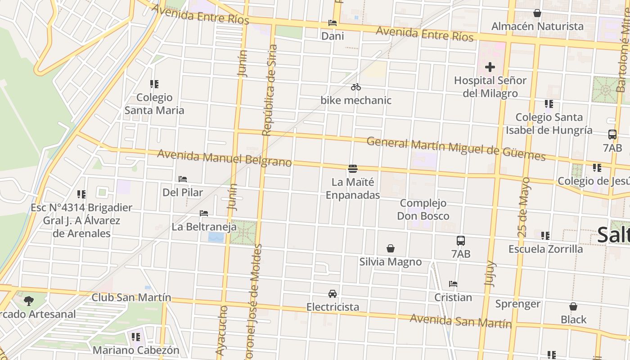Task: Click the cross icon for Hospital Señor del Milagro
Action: pyautogui.click(x=490, y=67)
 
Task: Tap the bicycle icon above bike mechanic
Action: pyautogui.click(x=356, y=87)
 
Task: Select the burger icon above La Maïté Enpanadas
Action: pyautogui.click(x=353, y=169)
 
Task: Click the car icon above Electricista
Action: pyautogui.click(x=333, y=294)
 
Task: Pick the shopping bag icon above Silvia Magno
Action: pyautogui.click(x=391, y=248)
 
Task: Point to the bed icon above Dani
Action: pyautogui.click(x=333, y=23)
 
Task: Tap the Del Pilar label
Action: pyautogui.click(x=183, y=192)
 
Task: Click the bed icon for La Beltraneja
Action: pyautogui.click(x=204, y=213)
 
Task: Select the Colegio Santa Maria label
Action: pyautogui.click(x=154, y=104)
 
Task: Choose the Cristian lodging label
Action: pyautogui.click(x=453, y=297)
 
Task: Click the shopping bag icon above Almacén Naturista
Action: pyautogui.click(x=537, y=13)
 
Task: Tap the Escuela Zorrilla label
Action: pyautogui.click(x=545, y=249)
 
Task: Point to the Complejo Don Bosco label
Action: pyautogui.click(x=423, y=210)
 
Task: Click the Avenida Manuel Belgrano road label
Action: pyautogui.click(x=224, y=158)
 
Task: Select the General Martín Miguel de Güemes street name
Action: pyautogui.click(x=456, y=149)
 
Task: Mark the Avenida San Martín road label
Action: pyautogui.click(x=461, y=321)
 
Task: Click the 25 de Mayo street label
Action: pyautogui.click(x=524, y=207)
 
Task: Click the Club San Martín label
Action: pyautogui.click(x=131, y=297)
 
